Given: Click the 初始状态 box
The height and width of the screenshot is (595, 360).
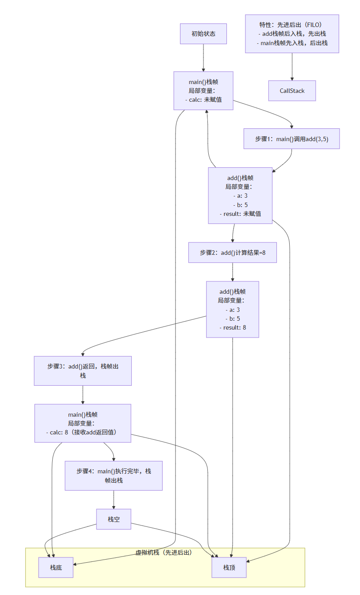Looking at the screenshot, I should pyautogui.click(x=203, y=34).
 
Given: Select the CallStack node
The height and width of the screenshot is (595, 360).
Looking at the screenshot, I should pyautogui.click(x=292, y=91).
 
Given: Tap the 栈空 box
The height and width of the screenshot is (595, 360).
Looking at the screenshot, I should pyautogui.click(x=114, y=519).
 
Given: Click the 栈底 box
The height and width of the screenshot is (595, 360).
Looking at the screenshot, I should pyautogui.click(x=56, y=568).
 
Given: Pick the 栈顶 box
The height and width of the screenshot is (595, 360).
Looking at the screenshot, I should pyautogui.click(x=229, y=568).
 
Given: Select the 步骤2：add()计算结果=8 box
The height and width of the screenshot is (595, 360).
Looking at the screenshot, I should pyautogui.click(x=232, y=252).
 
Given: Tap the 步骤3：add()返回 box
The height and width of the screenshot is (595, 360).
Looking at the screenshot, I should pyautogui.click(x=83, y=371).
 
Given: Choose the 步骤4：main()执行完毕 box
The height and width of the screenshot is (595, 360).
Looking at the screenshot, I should pyautogui.click(x=114, y=476).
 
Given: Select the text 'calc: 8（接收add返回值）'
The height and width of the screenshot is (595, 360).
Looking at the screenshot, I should pyautogui.click(x=83, y=432).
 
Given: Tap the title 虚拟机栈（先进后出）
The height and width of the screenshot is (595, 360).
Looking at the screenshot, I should pyautogui.click(x=164, y=553).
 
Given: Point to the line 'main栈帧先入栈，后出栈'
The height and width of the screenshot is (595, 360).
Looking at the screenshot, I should pyautogui.click(x=292, y=43).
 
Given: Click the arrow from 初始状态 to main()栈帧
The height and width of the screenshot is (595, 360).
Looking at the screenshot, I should pyautogui.click(x=203, y=58).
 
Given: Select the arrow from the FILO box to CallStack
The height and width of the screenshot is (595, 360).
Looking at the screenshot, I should pyautogui.click(x=292, y=66).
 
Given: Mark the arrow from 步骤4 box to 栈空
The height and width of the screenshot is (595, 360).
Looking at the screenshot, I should pyautogui.click(x=114, y=499).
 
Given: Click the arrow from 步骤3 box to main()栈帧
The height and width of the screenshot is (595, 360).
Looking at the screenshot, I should pyautogui.click(x=83, y=394).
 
